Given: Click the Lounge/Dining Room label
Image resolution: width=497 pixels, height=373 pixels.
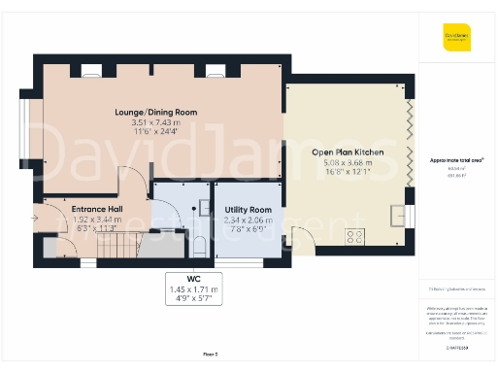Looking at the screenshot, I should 164,113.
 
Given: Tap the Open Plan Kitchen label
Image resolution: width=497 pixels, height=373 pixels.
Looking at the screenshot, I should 348,153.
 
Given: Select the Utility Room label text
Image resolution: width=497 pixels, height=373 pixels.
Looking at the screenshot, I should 248,210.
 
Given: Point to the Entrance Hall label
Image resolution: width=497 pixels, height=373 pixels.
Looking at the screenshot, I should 95,209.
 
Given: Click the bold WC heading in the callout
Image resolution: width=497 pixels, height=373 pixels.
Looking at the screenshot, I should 194,278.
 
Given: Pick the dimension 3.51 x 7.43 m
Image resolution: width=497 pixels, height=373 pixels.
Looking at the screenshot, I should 164,123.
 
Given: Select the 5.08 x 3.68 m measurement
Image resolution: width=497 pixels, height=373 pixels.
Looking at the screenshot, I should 348,164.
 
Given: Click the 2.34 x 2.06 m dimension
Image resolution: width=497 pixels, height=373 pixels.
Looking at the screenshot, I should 248,220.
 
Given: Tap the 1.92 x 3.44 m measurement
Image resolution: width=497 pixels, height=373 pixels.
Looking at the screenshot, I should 95,220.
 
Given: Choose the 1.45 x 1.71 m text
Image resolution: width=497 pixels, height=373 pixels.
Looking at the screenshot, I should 194,289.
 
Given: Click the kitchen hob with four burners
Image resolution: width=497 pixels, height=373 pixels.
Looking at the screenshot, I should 355,234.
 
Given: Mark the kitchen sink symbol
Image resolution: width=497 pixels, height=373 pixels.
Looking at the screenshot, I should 398,215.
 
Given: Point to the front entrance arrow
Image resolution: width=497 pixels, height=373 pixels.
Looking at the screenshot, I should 36,219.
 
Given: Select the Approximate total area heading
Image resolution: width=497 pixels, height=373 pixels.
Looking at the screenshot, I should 456,160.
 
